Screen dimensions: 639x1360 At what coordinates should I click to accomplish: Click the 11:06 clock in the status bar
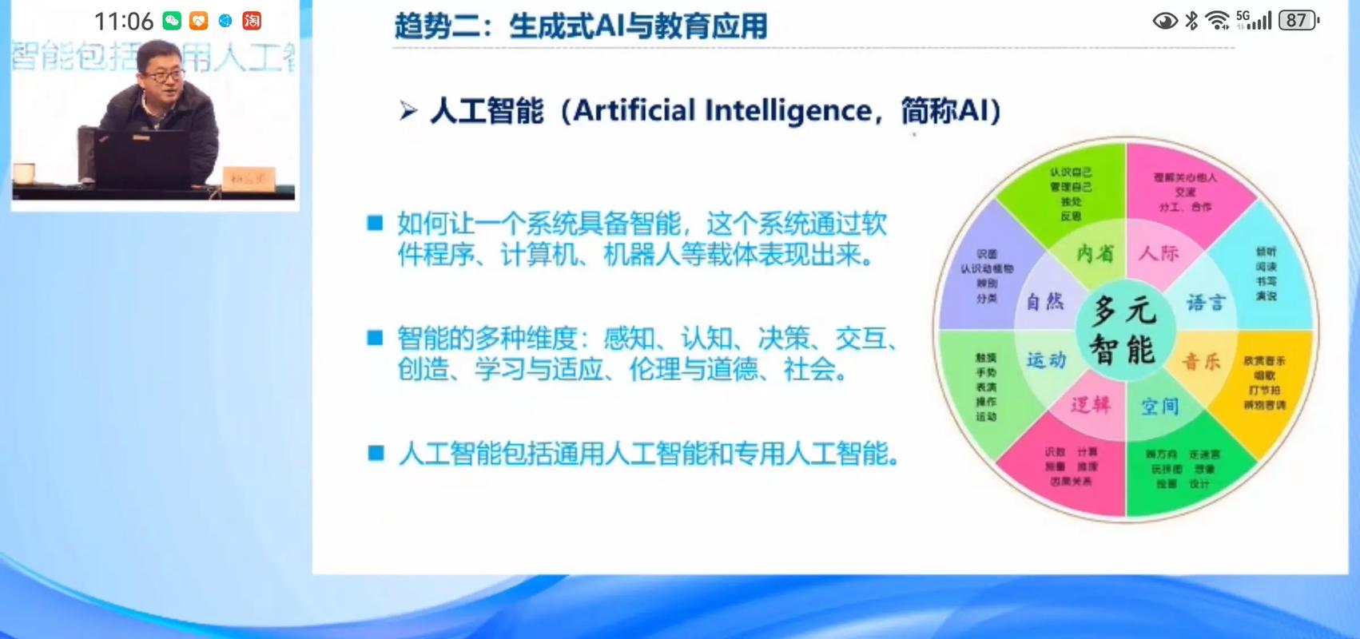tap(124, 21)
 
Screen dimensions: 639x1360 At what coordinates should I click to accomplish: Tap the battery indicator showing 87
tap(1297, 21)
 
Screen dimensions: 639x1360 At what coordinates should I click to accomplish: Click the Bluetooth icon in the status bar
tap(1191, 21)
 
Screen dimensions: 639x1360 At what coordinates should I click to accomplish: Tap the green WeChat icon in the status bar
tap(172, 21)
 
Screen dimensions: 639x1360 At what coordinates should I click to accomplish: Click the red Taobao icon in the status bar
tap(252, 21)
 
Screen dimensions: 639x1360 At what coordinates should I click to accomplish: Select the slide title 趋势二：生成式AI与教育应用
tap(581, 26)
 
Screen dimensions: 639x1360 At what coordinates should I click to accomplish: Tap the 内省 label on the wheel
tap(1095, 254)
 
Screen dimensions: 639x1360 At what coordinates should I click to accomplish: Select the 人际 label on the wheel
tap(1159, 254)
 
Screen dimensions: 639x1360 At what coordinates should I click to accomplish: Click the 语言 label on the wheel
tap(1205, 303)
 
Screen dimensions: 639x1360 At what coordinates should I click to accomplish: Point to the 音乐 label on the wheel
tap(1202, 362)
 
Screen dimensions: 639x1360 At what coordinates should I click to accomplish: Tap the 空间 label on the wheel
tap(1159, 407)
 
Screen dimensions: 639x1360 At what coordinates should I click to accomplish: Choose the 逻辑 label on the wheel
tap(1091, 405)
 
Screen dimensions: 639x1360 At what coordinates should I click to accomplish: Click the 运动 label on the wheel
tap(1046, 360)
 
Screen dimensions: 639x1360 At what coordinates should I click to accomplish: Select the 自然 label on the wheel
tap(1045, 302)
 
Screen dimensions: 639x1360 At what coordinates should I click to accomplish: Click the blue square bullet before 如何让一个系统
tap(375, 223)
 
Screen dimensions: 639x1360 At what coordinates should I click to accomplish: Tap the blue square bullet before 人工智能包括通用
tap(375, 454)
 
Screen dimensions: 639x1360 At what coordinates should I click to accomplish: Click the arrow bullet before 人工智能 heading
tap(408, 111)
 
